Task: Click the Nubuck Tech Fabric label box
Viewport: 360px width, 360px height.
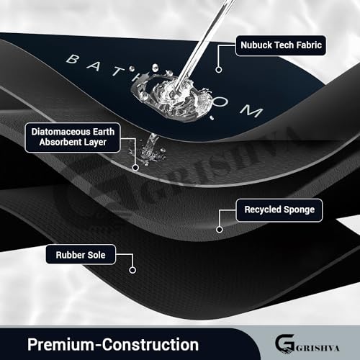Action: pos(281,45)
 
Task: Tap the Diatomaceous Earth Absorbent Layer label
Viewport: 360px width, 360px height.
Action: pos(73,138)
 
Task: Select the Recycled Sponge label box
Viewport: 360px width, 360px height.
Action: pos(279,210)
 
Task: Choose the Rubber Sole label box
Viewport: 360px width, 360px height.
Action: pos(81,255)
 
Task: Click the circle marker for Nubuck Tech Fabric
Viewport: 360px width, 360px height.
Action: pos(219,70)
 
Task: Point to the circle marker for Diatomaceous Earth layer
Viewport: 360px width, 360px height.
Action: pos(135,168)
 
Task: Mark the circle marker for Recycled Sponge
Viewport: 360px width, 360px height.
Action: pos(220,230)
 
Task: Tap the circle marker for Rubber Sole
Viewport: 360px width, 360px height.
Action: pos(132,270)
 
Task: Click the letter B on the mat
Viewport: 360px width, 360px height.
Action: pos(72,59)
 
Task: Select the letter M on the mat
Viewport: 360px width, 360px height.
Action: pos(251,112)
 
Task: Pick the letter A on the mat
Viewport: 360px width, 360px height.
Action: pos(94,65)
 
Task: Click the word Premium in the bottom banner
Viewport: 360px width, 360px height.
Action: pos(61,345)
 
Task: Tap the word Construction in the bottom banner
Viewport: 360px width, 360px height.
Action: pos(150,345)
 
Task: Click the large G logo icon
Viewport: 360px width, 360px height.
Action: pos(284,344)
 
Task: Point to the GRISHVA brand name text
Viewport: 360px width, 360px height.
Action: pos(318,348)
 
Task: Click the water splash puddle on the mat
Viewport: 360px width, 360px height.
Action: pos(172,98)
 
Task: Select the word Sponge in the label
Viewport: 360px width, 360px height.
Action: pos(299,210)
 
